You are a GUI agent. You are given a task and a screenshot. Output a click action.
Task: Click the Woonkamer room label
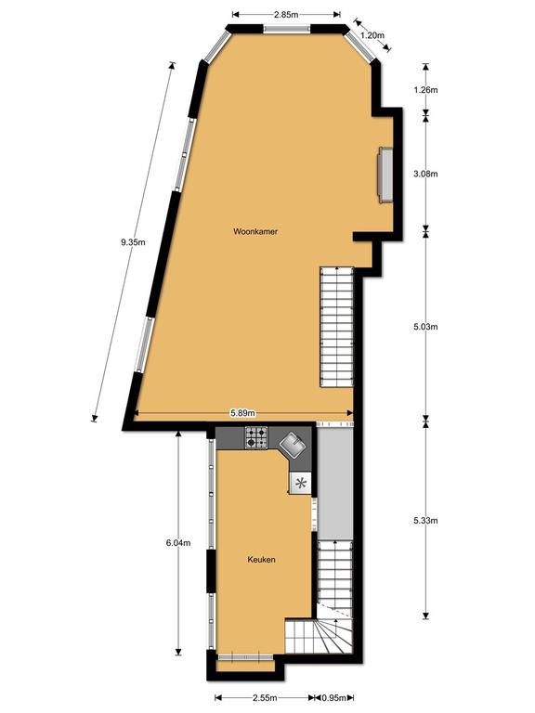click(x=255, y=231)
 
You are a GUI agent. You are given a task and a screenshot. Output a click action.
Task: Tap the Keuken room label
click(x=261, y=560)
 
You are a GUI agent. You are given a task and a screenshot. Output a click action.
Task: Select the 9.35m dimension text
click(x=133, y=242)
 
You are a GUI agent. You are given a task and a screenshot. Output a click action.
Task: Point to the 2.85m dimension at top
click(x=286, y=15)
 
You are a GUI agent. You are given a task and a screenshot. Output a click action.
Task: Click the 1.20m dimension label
click(x=372, y=35)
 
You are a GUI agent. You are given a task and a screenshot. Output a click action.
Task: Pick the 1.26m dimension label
click(x=425, y=89)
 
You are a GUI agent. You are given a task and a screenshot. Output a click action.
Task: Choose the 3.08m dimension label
click(x=425, y=174)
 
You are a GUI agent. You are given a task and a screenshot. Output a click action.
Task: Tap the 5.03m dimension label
click(x=425, y=327)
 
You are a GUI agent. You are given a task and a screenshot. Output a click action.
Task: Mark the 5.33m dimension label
click(x=425, y=521)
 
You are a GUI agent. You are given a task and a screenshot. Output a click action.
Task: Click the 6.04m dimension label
click(x=178, y=543)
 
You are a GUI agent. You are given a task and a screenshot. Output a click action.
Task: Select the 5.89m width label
click(x=243, y=413)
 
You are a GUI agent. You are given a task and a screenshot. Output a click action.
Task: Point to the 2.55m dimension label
click(x=265, y=697)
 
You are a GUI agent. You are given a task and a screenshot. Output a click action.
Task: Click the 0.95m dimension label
click(x=334, y=697)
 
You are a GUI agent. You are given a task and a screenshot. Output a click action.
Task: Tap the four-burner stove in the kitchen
click(x=256, y=437)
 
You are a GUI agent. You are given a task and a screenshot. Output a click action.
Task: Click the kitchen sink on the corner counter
click(x=293, y=445)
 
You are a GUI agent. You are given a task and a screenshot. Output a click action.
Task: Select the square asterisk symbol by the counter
click(x=300, y=483)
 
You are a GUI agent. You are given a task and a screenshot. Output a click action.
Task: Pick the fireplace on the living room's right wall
click(x=385, y=175)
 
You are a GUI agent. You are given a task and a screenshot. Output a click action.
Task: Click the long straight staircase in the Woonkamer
click(x=336, y=327)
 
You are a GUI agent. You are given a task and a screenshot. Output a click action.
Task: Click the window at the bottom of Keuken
click(x=245, y=657)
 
